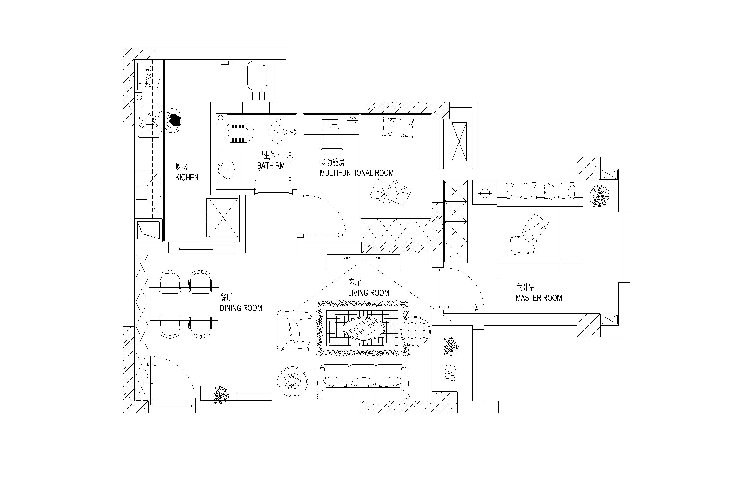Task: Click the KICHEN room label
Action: point(187,178)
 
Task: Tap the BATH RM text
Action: point(271,166)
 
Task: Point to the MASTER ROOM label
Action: point(539,298)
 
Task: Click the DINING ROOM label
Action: point(241,308)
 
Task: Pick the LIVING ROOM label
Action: point(369,293)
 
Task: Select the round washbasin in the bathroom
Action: point(226,169)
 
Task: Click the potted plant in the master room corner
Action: point(600,196)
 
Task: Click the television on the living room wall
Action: point(363,259)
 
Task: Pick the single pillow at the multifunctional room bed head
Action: point(398,127)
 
